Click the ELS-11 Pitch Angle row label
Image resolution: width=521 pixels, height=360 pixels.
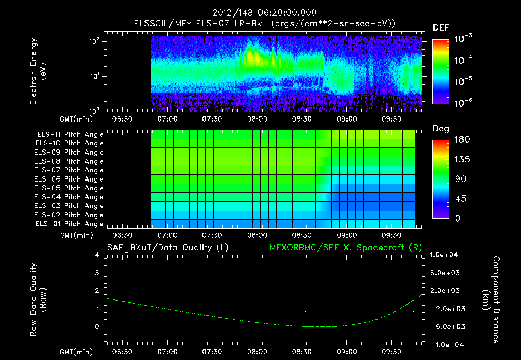click(70, 135)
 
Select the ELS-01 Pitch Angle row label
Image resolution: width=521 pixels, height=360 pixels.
click(70, 224)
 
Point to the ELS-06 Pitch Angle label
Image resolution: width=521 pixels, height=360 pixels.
click(70, 179)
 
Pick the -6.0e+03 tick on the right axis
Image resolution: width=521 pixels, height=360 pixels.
click(446, 326)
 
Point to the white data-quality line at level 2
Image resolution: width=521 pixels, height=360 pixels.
click(170, 291)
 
